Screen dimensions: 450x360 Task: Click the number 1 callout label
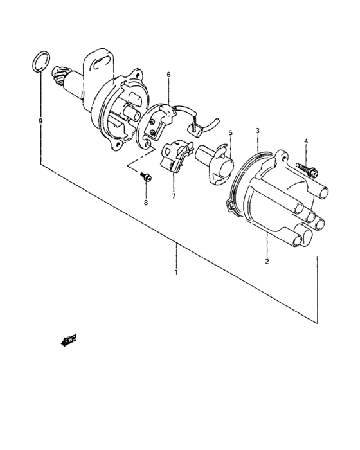coord(176,273)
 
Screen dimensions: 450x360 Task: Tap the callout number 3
coord(258,130)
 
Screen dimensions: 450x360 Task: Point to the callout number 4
coord(306,141)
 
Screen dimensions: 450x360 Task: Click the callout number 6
coord(168,75)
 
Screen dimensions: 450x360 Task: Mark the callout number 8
coord(146,203)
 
